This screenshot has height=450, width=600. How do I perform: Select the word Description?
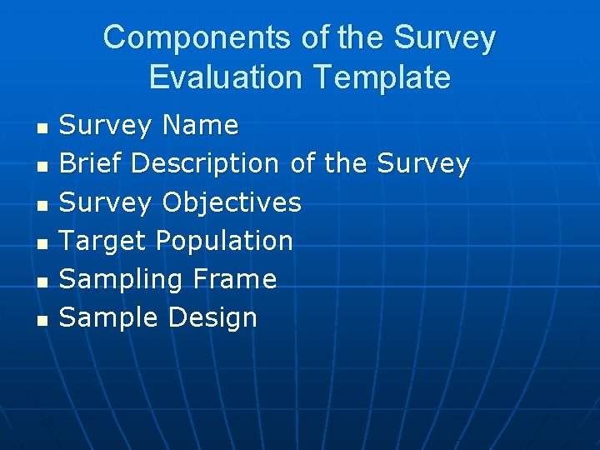pos(205,164)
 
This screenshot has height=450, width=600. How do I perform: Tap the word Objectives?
pos(232,202)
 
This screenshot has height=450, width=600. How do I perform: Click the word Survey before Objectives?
pos(106,202)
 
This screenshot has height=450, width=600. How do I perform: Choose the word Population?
pos(224,241)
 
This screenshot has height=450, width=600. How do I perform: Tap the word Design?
pos(212,317)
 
